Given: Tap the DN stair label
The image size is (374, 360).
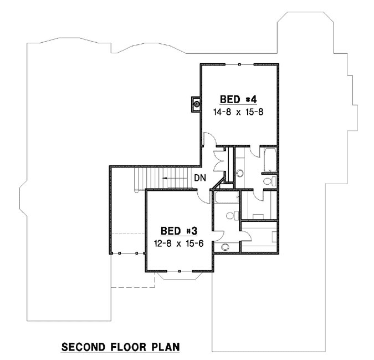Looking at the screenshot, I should pyautogui.click(x=200, y=179).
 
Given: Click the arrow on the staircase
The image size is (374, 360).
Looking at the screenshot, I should pyautogui.click(x=175, y=179).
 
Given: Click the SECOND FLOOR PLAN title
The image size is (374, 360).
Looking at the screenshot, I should pyautogui.click(x=120, y=347).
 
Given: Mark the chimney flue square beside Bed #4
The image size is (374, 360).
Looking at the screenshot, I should pyautogui.click(x=196, y=104).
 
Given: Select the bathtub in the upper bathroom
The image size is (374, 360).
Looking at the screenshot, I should pyautogui.click(x=270, y=159).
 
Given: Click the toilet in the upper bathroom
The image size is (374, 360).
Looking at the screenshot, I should pyautogui.click(x=268, y=181).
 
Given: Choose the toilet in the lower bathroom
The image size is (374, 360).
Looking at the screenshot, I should pyautogui.click(x=233, y=215).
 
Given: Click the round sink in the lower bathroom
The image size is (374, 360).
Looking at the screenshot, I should pyautogui.click(x=225, y=247).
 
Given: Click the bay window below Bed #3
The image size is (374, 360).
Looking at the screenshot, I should pyautogui.click(x=181, y=277).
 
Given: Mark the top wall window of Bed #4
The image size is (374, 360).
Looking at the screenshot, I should pyautogui.click(x=239, y=65).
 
